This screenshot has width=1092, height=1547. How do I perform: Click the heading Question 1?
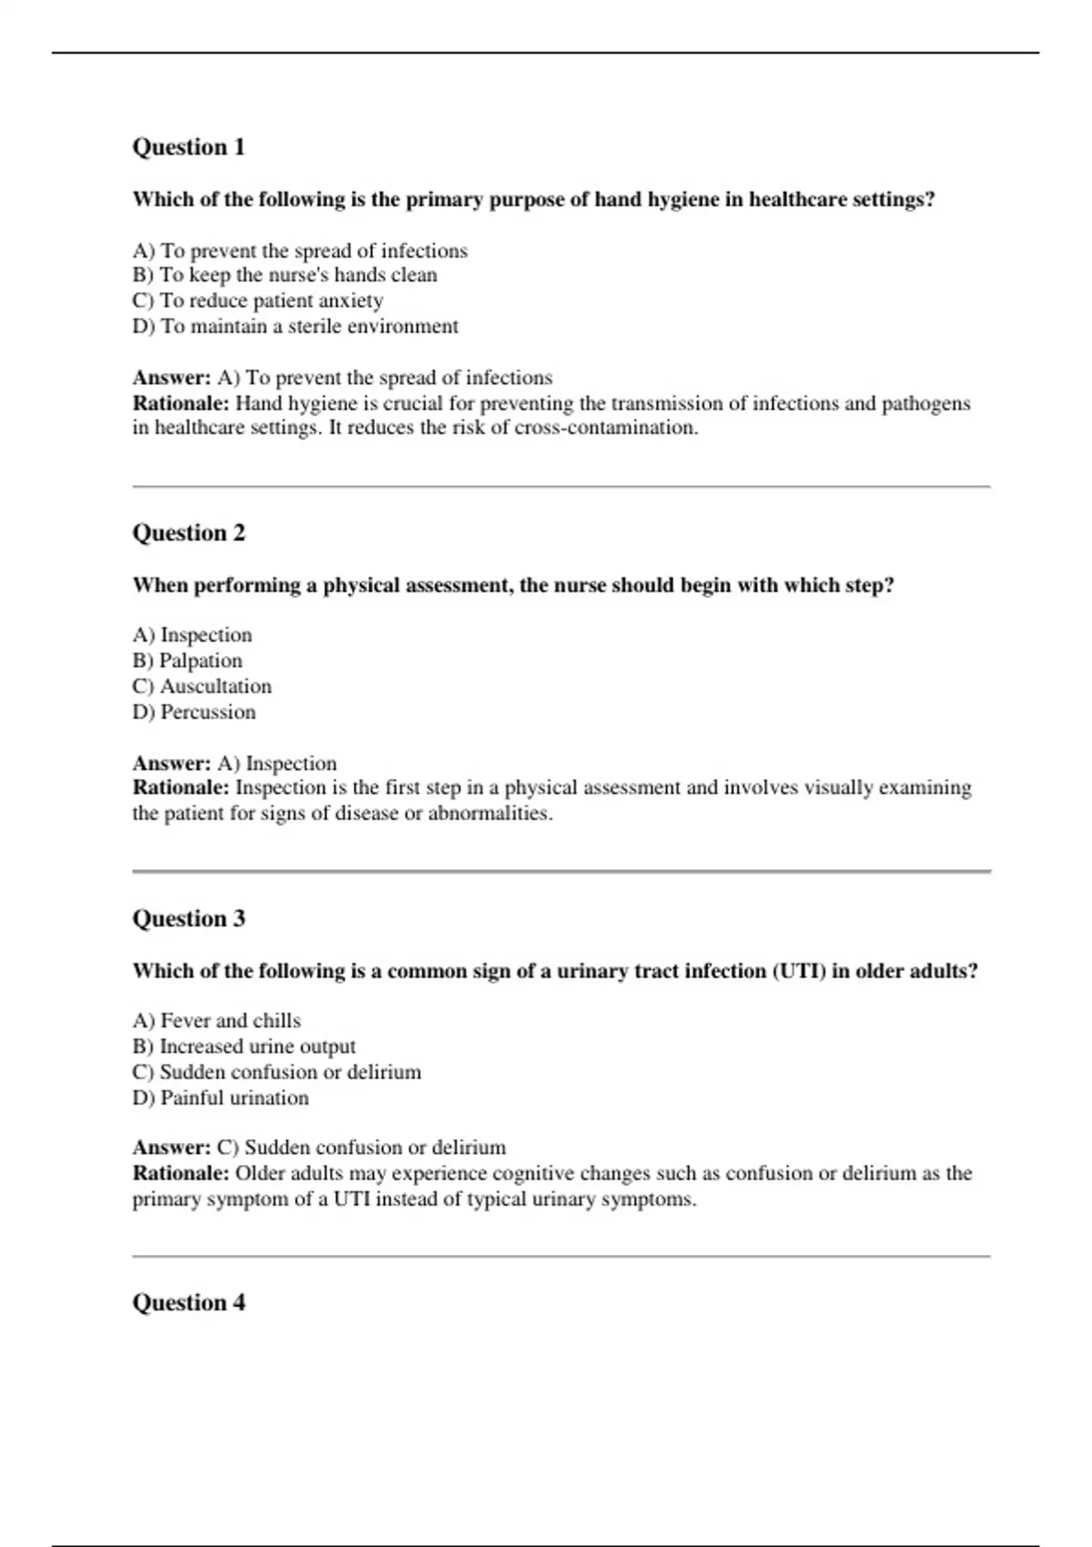pyautogui.click(x=188, y=147)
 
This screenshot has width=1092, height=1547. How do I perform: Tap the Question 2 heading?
pyautogui.click(x=188, y=532)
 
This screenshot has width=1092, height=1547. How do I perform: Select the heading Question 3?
pyautogui.click(x=188, y=918)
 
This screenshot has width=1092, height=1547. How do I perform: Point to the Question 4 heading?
pyautogui.click(x=188, y=1302)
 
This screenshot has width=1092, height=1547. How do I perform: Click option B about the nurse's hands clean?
pyautogui.click(x=285, y=275)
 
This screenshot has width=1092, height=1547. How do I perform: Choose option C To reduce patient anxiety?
pyautogui.click(x=258, y=300)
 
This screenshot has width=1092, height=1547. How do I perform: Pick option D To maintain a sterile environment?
pyautogui.click(x=295, y=326)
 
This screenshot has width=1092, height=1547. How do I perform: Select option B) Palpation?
pyautogui.click(x=187, y=661)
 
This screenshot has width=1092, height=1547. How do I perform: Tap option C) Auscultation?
pyautogui.click(x=202, y=686)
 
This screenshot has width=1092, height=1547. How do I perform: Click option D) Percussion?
pyautogui.click(x=194, y=712)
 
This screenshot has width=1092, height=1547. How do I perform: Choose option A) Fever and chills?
pyautogui.click(x=217, y=1021)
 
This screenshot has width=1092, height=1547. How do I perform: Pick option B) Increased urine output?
pyautogui.click(x=244, y=1046)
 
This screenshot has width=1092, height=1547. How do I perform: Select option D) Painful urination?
pyautogui.click(x=220, y=1097)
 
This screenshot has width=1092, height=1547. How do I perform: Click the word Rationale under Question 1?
pyautogui.click(x=180, y=403)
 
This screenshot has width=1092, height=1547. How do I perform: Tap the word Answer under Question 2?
pyautogui.click(x=171, y=763)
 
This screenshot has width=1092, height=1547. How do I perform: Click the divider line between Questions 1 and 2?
pyautogui.click(x=561, y=487)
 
